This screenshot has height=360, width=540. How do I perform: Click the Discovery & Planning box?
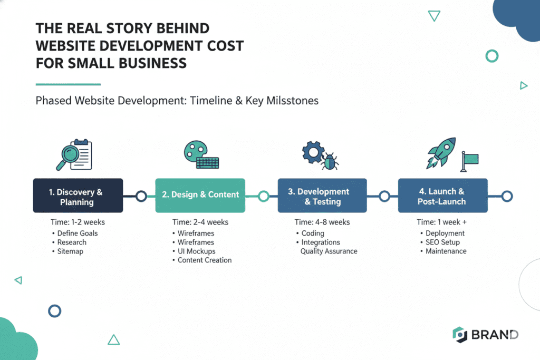click(x=78, y=196)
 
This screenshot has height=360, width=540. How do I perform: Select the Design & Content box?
click(x=200, y=195)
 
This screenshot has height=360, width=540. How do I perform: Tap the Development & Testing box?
click(x=322, y=196)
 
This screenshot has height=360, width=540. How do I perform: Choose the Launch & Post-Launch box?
click(x=442, y=196)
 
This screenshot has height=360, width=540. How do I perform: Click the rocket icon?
click(x=441, y=152)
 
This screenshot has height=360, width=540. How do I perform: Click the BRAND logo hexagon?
click(x=460, y=335)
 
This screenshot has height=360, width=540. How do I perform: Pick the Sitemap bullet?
click(x=70, y=251)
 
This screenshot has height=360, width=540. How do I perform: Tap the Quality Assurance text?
click(x=329, y=251)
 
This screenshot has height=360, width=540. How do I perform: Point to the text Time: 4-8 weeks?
click(x=322, y=222)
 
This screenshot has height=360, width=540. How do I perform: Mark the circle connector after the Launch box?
click(x=507, y=196)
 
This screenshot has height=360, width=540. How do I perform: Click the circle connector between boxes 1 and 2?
click(x=141, y=196)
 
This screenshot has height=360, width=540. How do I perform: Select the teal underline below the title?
click(x=67, y=84)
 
